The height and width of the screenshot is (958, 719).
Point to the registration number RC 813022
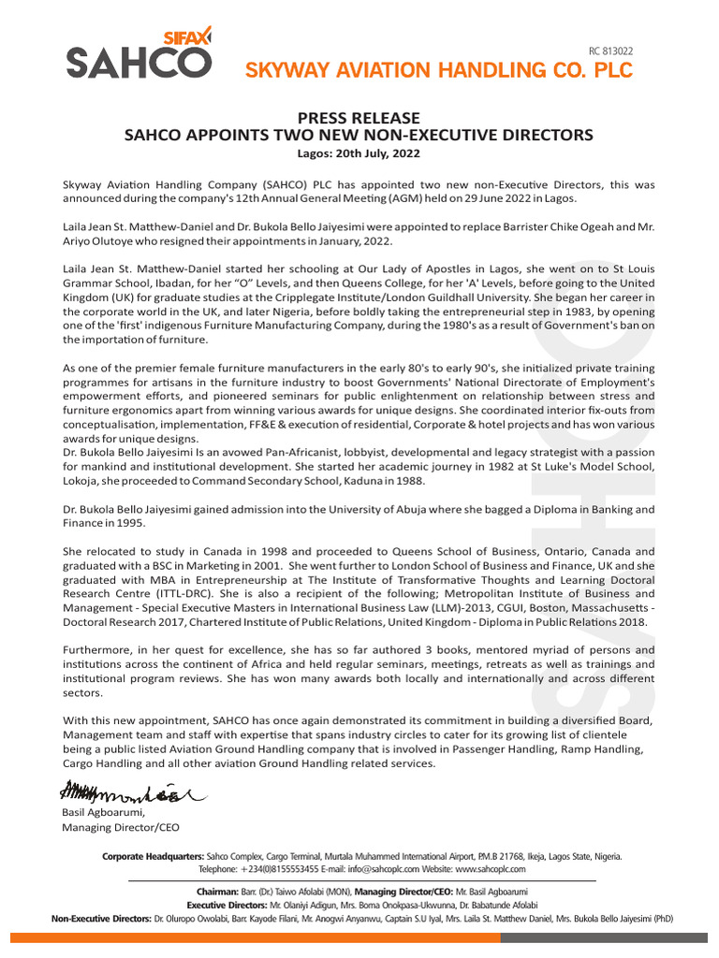pyautogui.click(x=610, y=51)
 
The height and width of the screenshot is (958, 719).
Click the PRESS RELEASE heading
pyautogui.click(x=359, y=118)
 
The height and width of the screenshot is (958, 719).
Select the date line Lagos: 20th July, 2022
pyautogui.click(x=359, y=152)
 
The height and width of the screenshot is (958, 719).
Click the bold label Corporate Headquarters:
pyautogui.click(x=153, y=856)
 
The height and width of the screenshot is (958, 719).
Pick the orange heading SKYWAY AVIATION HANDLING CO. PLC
pyautogui.click(x=438, y=70)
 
